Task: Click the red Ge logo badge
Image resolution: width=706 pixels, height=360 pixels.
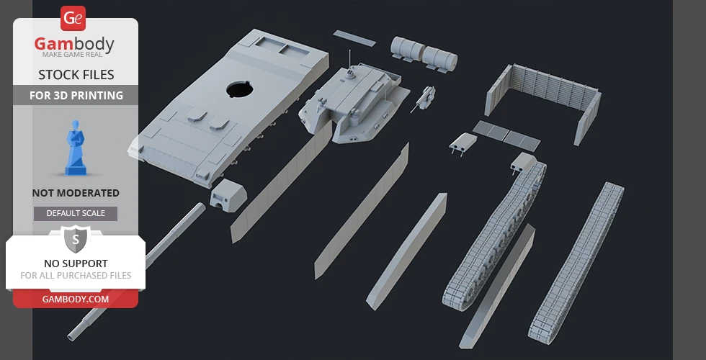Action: pyautogui.click(x=73, y=19)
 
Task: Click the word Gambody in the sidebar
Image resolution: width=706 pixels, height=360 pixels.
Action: pyautogui.click(x=74, y=44)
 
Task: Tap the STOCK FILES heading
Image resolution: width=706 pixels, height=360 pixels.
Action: pyautogui.click(x=76, y=74)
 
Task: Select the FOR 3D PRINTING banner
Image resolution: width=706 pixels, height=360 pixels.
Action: pyautogui.click(x=76, y=95)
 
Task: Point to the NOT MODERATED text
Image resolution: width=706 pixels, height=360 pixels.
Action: pyautogui.click(x=76, y=193)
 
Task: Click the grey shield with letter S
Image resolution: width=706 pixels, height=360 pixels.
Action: pyautogui.click(x=76, y=239)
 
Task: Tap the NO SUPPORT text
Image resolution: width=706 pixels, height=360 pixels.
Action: pyautogui.click(x=76, y=264)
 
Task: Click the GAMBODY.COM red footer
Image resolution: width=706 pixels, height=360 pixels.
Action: pyautogui.click(x=76, y=300)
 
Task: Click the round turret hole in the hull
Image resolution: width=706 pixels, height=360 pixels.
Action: pyautogui.click(x=239, y=89)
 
